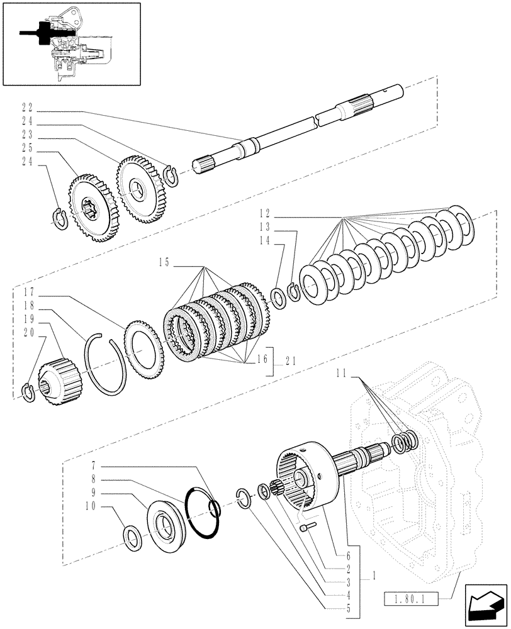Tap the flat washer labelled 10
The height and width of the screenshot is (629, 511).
tap(132, 538)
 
